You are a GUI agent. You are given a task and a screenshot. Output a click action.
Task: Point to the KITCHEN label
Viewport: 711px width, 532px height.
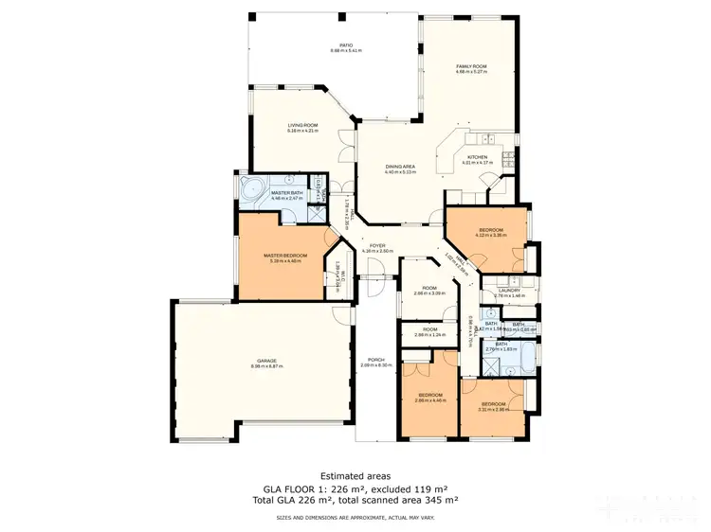[x=476, y=157]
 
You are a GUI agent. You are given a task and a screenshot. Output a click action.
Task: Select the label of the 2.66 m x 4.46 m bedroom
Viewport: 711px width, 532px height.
[x=430, y=395]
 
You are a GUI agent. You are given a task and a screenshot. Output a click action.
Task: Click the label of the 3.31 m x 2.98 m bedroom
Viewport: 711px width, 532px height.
[x=492, y=403]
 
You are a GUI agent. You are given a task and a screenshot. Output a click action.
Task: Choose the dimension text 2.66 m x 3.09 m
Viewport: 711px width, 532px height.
[x=429, y=293]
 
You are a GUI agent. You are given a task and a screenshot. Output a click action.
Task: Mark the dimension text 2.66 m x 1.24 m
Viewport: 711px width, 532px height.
[x=429, y=335]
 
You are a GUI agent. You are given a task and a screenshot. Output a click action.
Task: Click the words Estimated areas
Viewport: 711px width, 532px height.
[x=355, y=475]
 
